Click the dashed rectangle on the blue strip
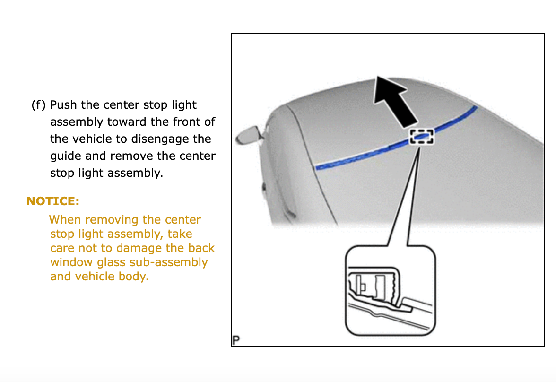[422, 137]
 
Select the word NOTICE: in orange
[52, 201]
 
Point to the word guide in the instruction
[66, 156]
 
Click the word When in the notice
[65, 220]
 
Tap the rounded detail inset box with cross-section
[390, 291]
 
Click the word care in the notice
[62, 248]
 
